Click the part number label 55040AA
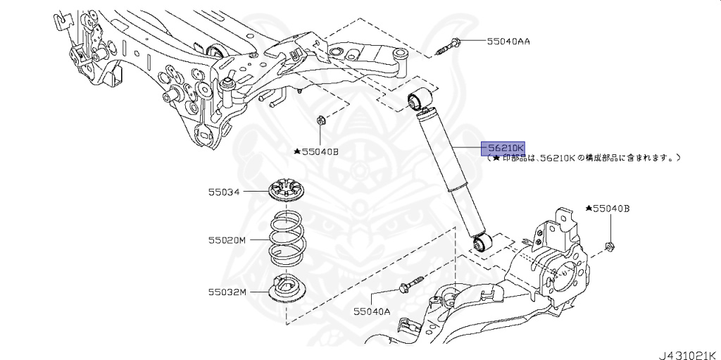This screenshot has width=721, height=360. [x=508, y=42]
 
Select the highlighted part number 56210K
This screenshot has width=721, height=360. [x=503, y=149]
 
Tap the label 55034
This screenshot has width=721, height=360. [x=223, y=191]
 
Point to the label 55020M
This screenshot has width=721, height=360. [x=227, y=240]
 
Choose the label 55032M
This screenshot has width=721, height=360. [x=227, y=291]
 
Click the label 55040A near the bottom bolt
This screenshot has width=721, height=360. [x=372, y=310]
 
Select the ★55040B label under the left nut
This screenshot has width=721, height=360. [x=316, y=151]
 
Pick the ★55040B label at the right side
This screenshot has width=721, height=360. [x=607, y=209]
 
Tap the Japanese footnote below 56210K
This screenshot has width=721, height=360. [x=584, y=159]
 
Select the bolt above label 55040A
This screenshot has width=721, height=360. [x=412, y=284]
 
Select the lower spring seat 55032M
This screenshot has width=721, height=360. [x=288, y=289]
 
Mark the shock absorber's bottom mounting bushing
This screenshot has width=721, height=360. [x=482, y=244]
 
